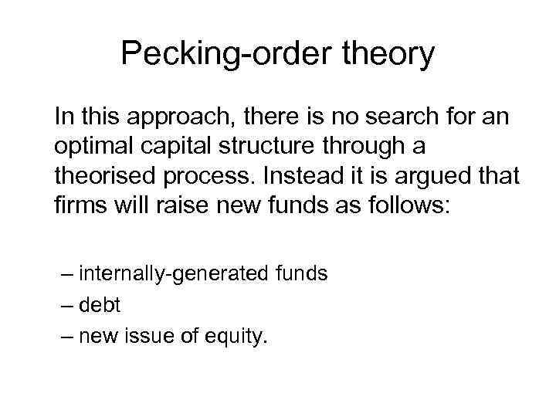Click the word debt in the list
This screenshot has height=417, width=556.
(99, 304)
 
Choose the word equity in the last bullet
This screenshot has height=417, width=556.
(237, 337)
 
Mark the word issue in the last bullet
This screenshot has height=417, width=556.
(151, 336)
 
